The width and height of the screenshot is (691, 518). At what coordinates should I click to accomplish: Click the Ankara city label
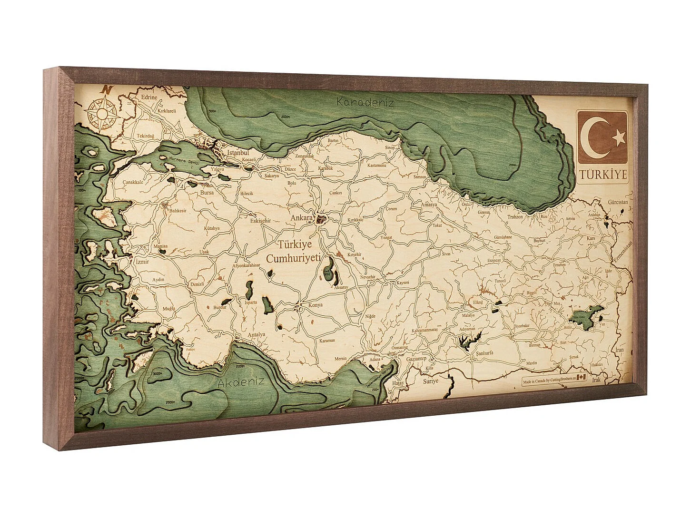click(x=301, y=218)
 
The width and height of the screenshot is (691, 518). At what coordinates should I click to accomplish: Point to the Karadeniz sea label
click(x=365, y=102)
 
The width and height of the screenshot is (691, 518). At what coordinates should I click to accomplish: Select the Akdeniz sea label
click(x=241, y=382)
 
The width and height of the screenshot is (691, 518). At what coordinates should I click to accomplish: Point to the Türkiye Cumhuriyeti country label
click(x=291, y=251)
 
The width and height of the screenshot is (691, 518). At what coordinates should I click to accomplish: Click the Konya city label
click(x=315, y=305)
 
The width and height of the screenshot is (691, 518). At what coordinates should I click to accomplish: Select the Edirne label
click(x=149, y=98)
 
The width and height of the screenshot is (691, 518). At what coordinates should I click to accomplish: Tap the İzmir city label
click(x=141, y=261)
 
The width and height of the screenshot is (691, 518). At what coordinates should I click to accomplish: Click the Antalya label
click(x=256, y=334)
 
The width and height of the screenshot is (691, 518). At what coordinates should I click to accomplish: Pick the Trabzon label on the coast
click(x=514, y=216)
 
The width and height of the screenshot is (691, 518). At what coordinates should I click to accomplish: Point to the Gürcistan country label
click(x=618, y=202)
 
